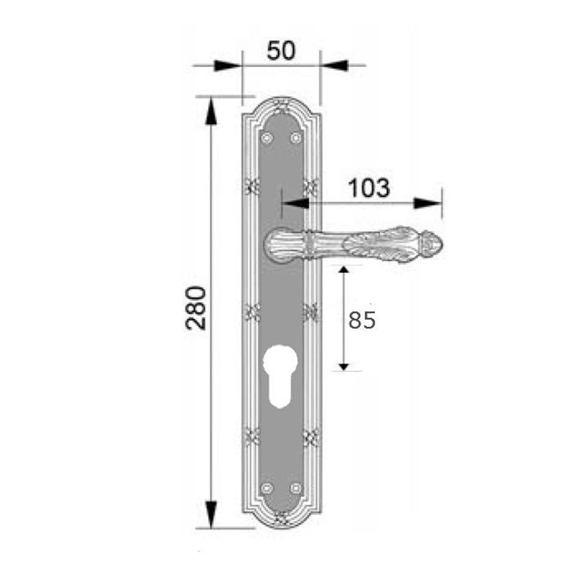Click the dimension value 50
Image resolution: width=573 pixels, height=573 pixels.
pos(281,50)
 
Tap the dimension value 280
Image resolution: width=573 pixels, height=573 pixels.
pos(196,308)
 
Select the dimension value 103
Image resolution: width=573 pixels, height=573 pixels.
pos(368,188)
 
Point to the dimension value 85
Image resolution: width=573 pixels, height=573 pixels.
pos(362,320)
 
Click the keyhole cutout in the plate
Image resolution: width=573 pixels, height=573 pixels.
pos(280,376)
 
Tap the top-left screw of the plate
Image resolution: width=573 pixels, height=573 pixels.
pos(267,138)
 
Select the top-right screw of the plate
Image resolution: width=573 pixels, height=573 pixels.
pos(296,138)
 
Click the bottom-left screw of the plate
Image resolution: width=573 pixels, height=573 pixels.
pos(267,488)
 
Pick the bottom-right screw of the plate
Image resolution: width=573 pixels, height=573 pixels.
pos(296,488)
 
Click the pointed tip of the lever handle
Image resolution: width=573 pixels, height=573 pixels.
pos(442,244)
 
